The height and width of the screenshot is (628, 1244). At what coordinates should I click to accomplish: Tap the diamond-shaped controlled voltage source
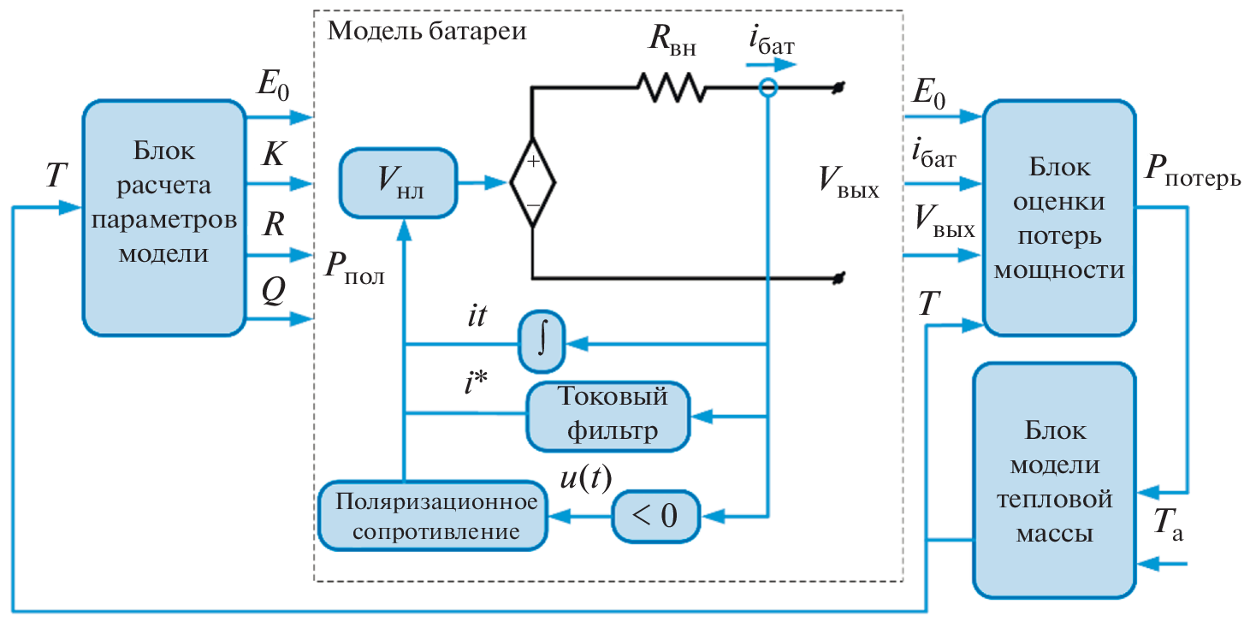pos(532,183)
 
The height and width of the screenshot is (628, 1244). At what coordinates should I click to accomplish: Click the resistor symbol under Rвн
pos(670,86)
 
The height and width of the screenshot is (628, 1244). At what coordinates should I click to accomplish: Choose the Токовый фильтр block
pos(608,415)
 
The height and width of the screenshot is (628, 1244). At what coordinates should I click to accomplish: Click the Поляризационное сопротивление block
pos(433,516)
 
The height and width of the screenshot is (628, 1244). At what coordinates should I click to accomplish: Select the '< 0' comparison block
pos(655,516)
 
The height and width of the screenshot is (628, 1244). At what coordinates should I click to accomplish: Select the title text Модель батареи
pos(427,32)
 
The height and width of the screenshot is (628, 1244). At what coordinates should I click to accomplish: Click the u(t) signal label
pos(585,479)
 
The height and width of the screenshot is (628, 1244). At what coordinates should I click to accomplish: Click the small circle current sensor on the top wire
pos(767,87)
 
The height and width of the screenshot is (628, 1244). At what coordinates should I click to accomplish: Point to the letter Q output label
pos(273,293)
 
